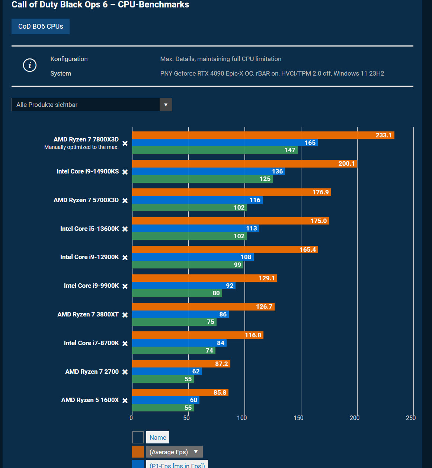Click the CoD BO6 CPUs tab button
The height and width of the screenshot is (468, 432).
(x=41, y=26)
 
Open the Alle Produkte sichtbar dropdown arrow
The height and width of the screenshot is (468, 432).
(x=166, y=105)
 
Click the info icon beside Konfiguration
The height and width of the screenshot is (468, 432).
(x=30, y=65)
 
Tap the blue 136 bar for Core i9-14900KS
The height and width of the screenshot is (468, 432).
(x=208, y=171)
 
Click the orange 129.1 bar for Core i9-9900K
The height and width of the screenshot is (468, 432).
(x=204, y=278)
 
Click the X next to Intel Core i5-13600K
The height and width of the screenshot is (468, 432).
(x=125, y=229)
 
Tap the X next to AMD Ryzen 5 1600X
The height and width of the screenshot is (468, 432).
(x=125, y=401)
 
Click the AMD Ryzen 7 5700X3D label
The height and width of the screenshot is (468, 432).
(x=86, y=200)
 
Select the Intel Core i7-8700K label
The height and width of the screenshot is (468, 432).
(x=91, y=343)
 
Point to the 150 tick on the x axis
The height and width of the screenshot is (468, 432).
(x=298, y=418)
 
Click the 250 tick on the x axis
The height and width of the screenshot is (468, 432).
(x=411, y=418)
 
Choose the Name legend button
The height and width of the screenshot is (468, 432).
(x=158, y=437)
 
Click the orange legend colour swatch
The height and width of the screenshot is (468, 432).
(x=138, y=452)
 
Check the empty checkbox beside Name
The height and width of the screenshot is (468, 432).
(x=138, y=437)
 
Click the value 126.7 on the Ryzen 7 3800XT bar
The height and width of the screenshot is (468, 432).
(x=264, y=306)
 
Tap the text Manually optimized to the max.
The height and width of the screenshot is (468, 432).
(x=81, y=147)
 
